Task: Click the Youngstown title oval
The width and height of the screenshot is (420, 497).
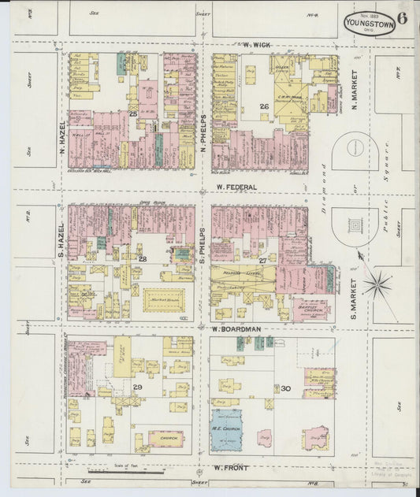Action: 370,24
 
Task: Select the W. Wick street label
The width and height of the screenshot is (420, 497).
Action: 257,45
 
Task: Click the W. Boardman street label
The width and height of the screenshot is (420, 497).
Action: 236,328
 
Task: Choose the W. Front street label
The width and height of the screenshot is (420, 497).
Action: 230,468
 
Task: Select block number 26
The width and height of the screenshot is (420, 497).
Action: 265,106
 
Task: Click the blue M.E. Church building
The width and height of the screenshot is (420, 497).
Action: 225,429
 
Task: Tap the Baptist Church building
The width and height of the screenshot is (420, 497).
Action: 312,309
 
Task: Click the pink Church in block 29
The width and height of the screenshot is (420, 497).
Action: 165,438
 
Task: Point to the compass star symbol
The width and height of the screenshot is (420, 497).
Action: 377,284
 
